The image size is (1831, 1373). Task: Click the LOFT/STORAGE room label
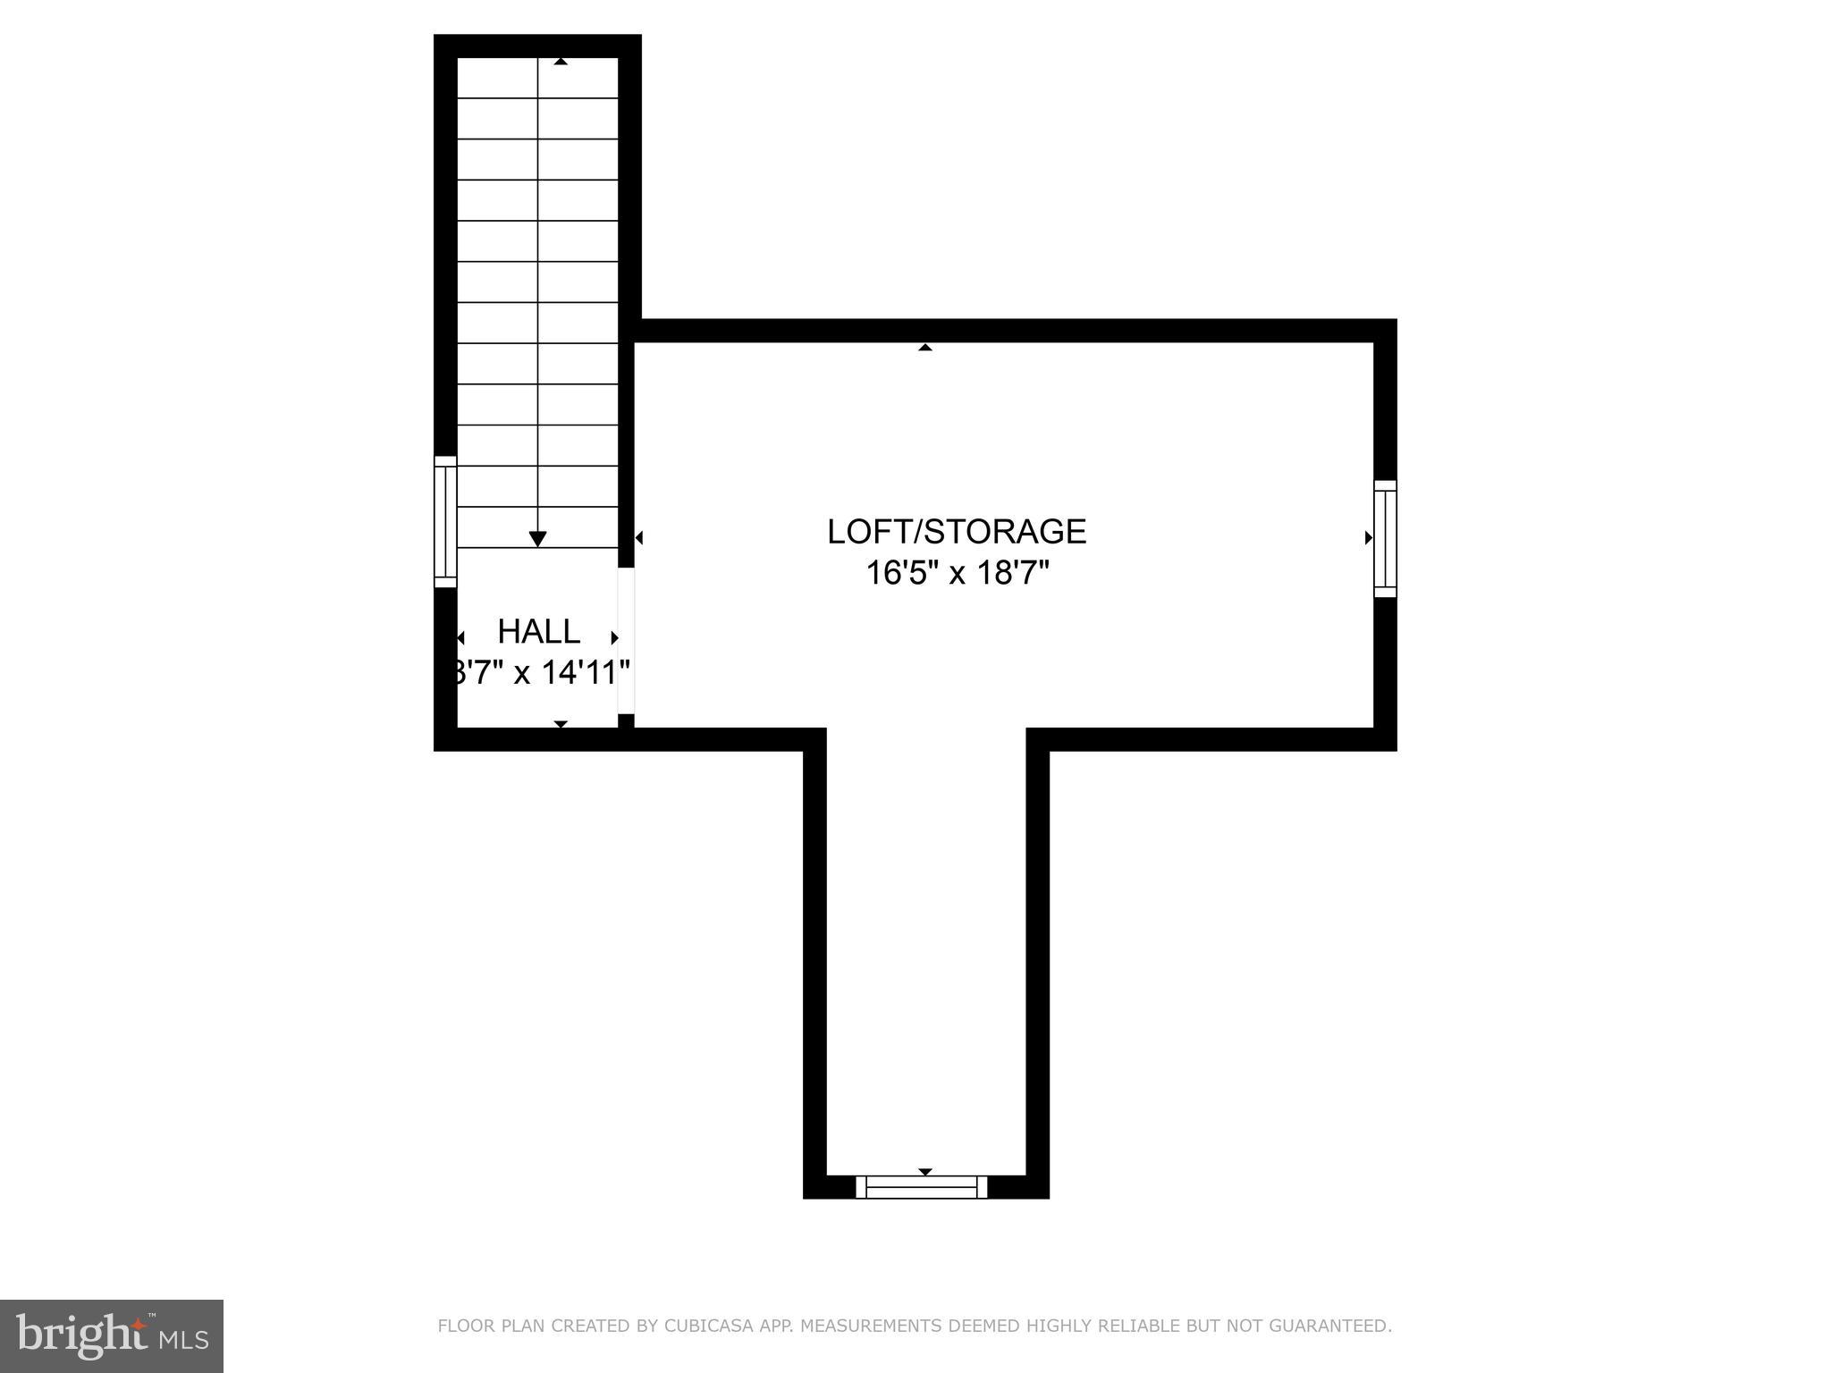tap(956, 532)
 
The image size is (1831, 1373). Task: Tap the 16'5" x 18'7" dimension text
tap(956, 573)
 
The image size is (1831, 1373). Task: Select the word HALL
tap(538, 632)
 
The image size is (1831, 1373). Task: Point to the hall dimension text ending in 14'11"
tap(540, 672)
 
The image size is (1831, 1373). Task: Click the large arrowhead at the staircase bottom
tap(537, 538)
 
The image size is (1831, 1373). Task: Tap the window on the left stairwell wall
tap(445, 522)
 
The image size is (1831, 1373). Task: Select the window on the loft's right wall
tap(1385, 538)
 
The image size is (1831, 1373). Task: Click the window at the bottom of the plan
tap(921, 1187)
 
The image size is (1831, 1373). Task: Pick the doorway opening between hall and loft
tap(626, 640)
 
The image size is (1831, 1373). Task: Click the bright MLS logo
tap(112, 1335)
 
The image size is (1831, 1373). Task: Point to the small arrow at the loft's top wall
tap(925, 347)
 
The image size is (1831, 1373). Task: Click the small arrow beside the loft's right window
tap(1368, 538)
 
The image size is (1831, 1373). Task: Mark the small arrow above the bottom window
tap(925, 1172)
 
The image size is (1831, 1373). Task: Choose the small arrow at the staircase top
tap(561, 62)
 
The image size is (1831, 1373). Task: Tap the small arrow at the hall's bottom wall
tap(561, 723)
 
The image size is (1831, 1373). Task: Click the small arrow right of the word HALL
tap(614, 637)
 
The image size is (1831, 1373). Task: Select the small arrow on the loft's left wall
tap(639, 538)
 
